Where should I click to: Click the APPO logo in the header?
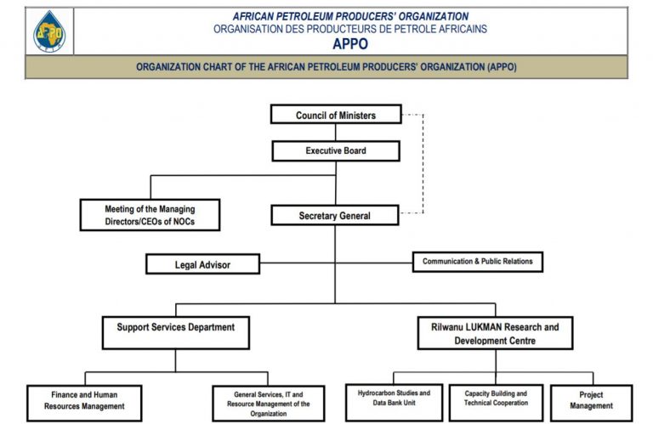click(48, 31)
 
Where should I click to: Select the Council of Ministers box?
click(336, 115)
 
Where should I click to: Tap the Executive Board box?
click(336, 151)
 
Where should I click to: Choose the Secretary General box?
click(334, 216)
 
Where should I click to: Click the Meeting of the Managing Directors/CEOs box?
click(150, 215)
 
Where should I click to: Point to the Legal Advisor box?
click(202, 264)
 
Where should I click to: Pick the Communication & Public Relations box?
click(477, 262)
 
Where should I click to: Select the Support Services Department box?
click(175, 331)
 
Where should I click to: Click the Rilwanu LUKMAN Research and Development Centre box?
click(494, 333)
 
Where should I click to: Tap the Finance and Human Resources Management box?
click(84, 401)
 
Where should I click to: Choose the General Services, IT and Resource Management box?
click(268, 403)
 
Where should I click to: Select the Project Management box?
click(591, 400)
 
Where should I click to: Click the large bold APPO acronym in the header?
click(350, 44)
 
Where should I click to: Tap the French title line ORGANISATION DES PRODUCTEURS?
click(350, 29)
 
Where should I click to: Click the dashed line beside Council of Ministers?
click(422, 161)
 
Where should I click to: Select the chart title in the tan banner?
click(326, 67)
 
